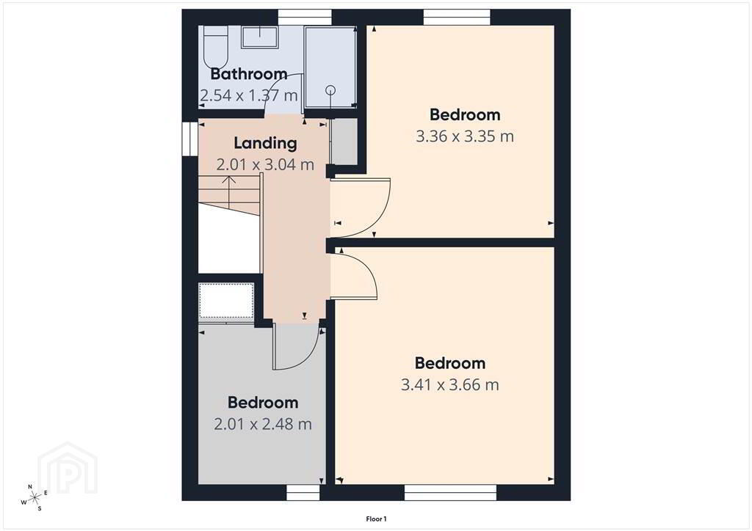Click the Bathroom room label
point(249,74)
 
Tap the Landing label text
point(265,143)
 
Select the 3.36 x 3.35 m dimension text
point(465,136)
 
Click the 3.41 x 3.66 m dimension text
point(450,385)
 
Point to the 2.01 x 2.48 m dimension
point(263,424)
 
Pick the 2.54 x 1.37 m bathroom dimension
point(249,95)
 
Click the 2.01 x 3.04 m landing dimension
point(265,165)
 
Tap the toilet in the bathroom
point(216,47)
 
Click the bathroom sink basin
point(259,37)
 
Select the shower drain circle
point(330,90)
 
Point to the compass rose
point(35,499)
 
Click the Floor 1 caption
point(376,519)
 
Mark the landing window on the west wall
point(190,139)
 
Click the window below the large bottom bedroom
point(450,493)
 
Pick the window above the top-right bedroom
point(457,17)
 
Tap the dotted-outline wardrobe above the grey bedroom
point(226,301)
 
